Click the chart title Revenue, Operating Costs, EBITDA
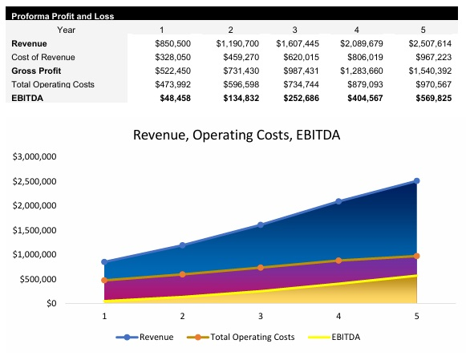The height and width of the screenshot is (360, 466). click(233, 136)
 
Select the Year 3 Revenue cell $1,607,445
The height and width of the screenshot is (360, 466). click(297, 43)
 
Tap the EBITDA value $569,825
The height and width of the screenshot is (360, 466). click(430, 98)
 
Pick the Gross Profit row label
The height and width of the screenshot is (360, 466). click(36, 71)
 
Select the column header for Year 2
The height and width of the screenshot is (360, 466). click(230, 30)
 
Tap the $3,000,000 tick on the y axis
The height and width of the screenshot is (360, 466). click(34, 156)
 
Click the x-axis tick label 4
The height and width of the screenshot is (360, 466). click(338, 316)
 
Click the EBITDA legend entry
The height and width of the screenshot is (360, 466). click(346, 337)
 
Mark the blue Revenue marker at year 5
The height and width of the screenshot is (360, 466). click(416, 181)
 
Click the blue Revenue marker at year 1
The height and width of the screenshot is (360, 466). click(104, 262)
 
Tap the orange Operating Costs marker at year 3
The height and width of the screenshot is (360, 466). click(261, 268)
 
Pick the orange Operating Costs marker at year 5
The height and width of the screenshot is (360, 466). click(416, 256)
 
